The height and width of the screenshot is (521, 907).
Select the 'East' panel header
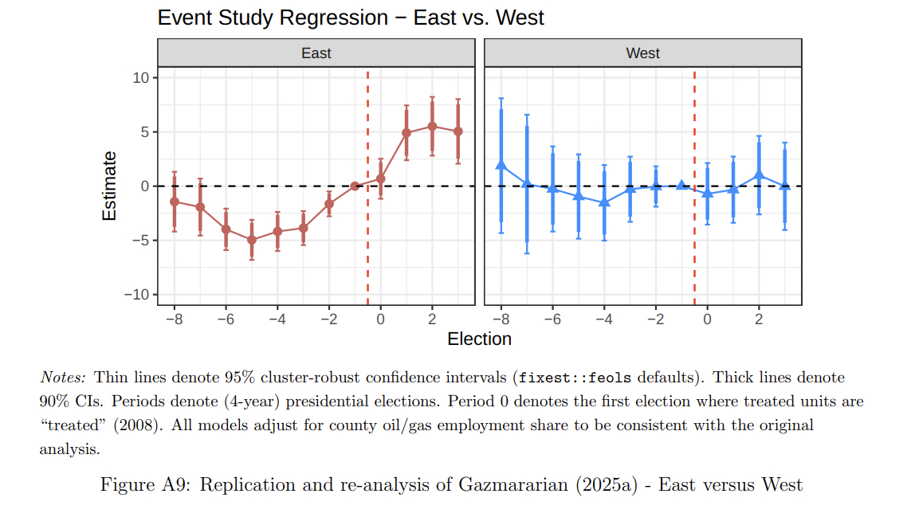coord(316,53)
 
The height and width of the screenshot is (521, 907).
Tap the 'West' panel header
coord(643,53)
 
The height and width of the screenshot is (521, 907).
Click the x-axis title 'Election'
coord(479,339)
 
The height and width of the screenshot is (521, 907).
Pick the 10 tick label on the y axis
coord(142,78)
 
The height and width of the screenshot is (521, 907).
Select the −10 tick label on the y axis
coord(137,295)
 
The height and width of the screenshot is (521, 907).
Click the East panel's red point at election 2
coord(432,127)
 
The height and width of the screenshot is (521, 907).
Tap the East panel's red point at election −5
coord(252,240)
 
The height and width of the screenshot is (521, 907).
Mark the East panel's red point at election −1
coord(355,186)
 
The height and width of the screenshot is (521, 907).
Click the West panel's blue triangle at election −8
coord(501,165)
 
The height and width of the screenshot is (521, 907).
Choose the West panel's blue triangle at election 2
coord(759,174)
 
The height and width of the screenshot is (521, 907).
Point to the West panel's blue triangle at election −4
coord(604,202)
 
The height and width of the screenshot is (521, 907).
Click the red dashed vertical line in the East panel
coord(367,239)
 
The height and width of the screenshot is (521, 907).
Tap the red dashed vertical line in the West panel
coord(694,239)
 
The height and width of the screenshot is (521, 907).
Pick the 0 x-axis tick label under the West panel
coord(707,319)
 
